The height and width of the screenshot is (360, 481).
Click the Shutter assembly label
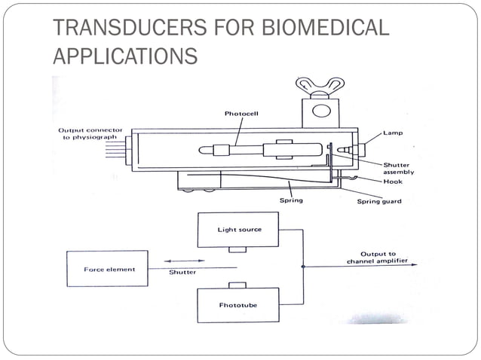399,168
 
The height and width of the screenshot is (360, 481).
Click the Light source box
238,229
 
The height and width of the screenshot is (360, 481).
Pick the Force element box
105,269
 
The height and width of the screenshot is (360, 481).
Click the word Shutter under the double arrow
182,273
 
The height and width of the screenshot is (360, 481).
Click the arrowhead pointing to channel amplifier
413,266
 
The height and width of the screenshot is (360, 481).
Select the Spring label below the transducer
290,202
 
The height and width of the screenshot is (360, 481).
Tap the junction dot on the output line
303,266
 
